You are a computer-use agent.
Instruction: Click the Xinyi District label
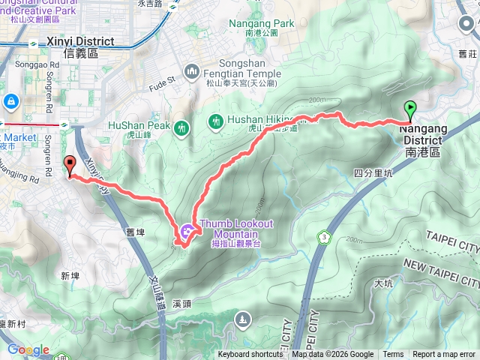(79, 46)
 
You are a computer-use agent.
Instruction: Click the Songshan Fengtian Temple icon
(192, 71)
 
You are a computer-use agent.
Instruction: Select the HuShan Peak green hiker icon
(181, 129)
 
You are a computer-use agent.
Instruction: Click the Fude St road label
(160, 78)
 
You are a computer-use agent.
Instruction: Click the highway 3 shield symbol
(325, 237)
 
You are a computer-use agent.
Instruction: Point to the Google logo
(28, 349)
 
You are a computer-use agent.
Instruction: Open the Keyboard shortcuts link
(250, 355)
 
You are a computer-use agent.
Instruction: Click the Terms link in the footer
(393, 355)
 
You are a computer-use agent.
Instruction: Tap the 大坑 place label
(382, 283)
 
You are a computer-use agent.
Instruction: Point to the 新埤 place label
(70, 277)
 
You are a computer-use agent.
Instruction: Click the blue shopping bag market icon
(10, 100)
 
